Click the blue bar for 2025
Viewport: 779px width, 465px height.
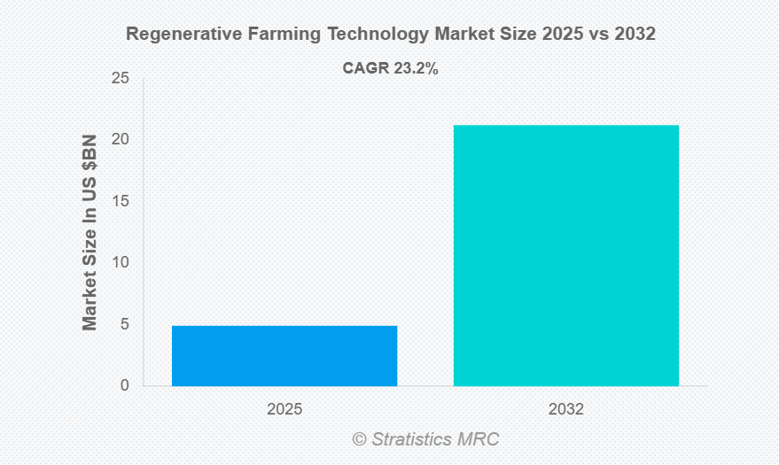pyautogui.click(x=284, y=355)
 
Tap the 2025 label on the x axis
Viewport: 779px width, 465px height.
pyautogui.click(x=284, y=410)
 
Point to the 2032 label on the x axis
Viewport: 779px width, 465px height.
pyautogui.click(x=566, y=410)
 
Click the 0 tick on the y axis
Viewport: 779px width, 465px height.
pyautogui.click(x=125, y=386)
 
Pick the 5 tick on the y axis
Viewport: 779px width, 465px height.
pyautogui.click(x=125, y=324)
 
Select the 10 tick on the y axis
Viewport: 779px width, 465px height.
pyautogui.click(x=121, y=263)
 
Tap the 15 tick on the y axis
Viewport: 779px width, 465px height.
pyautogui.click(x=121, y=201)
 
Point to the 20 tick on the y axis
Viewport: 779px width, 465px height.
pyautogui.click(x=121, y=140)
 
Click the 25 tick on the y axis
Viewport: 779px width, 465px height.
pyautogui.click(x=121, y=79)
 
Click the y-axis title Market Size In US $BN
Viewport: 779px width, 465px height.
pyautogui.click(x=90, y=232)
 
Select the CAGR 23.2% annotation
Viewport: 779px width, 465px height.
pyautogui.click(x=390, y=68)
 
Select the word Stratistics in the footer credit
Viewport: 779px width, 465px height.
pyautogui.click(x=413, y=439)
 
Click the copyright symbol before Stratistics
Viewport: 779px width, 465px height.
pyautogui.click(x=359, y=439)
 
